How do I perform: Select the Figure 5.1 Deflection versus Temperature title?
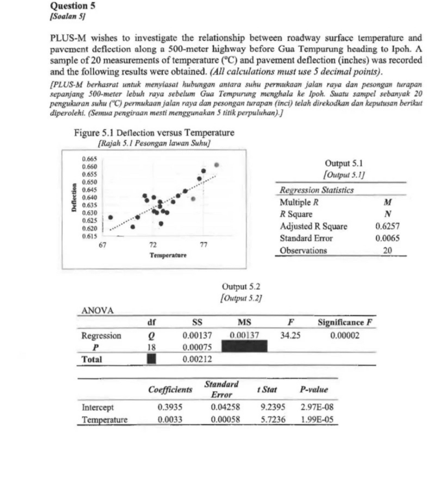(154, 133)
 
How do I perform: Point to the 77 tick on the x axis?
(203, 244)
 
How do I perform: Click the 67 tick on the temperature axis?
(103, 244)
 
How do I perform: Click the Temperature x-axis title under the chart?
(168, 255)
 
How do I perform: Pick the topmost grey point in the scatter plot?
(217, 165)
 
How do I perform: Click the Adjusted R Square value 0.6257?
(387, 226)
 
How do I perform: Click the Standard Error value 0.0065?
(387, 238)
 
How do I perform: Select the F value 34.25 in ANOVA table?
(290, 335)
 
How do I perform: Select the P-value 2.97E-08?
(314, 408)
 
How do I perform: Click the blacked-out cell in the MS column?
(244, 347)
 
